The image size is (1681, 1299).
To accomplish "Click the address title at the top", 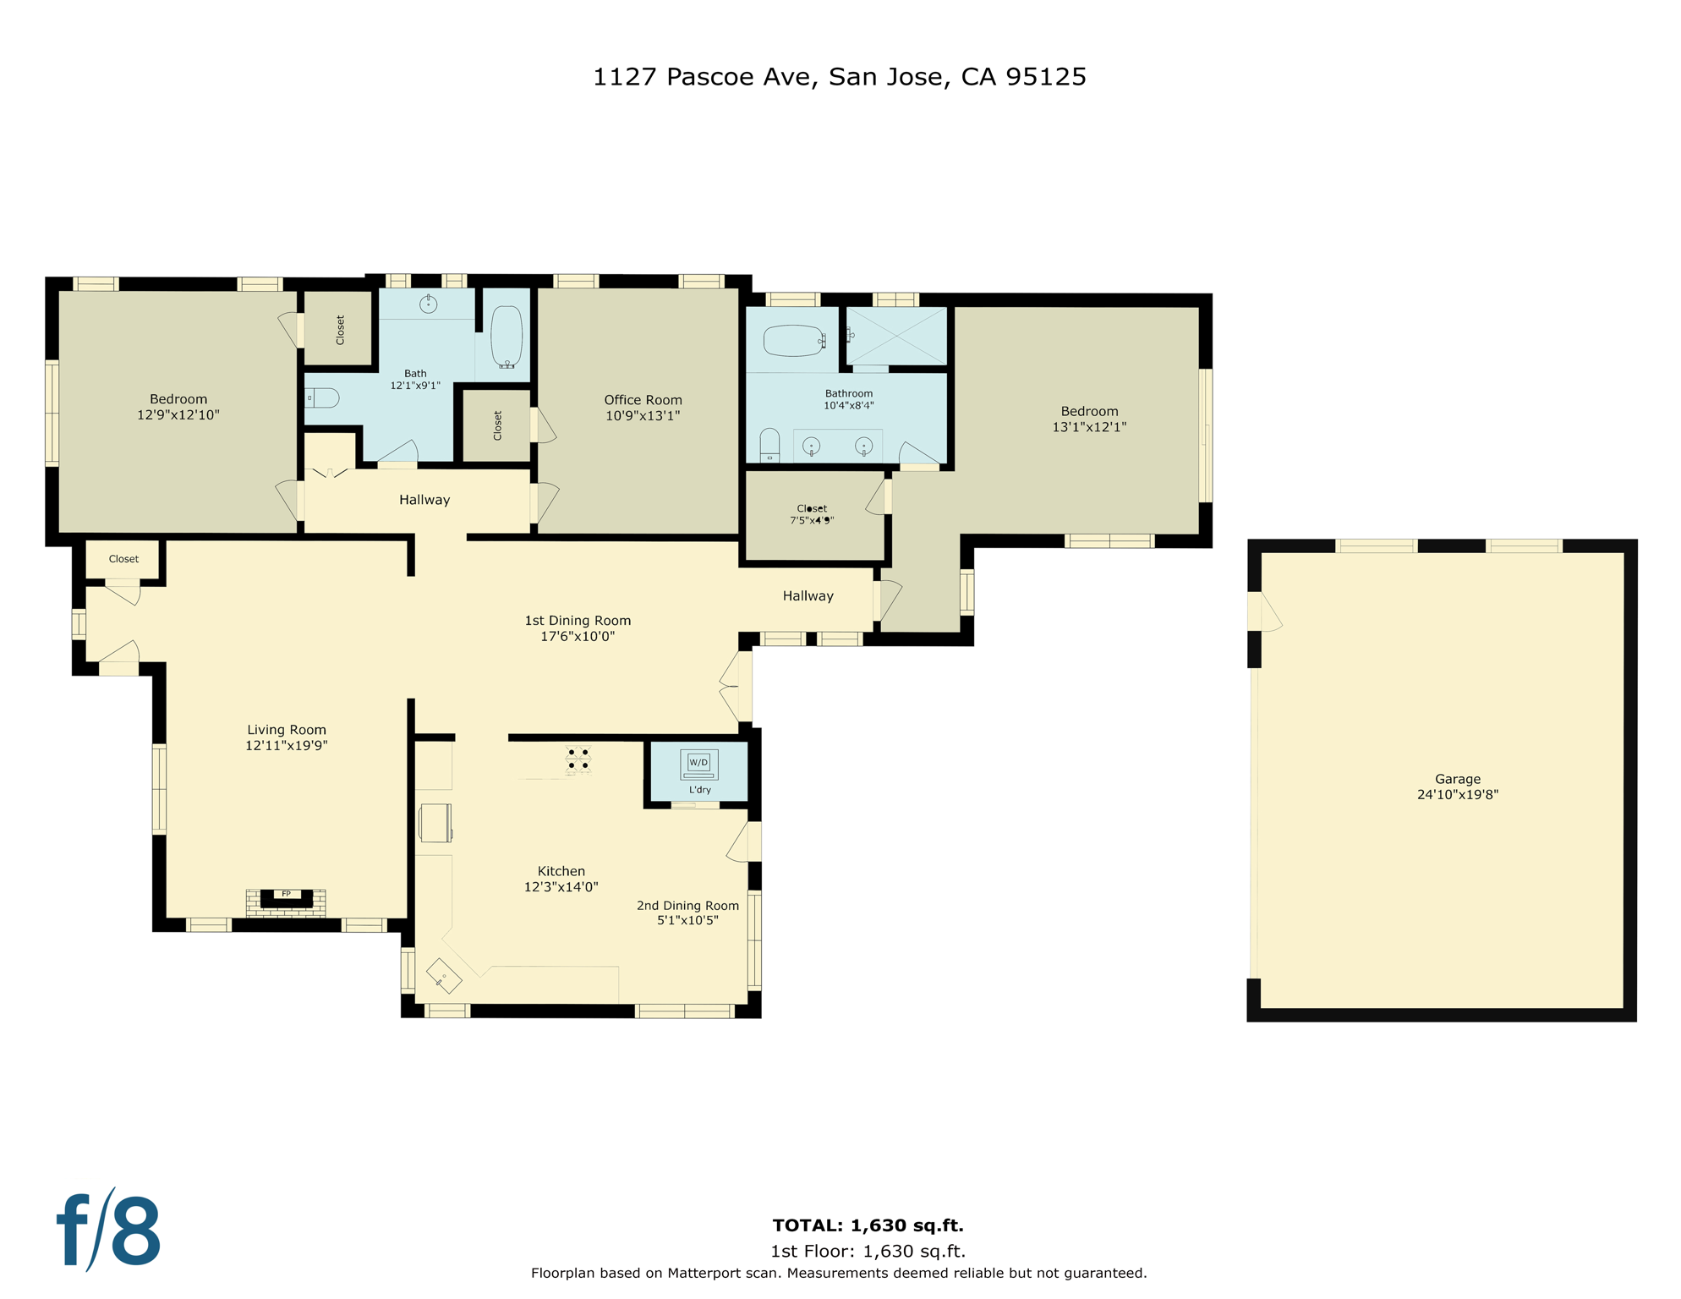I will [839, 77].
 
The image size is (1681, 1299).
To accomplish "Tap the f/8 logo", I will [108, 1230].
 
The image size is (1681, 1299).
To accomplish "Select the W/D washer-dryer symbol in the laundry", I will [698, 764].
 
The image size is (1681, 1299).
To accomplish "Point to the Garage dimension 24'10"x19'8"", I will [1457, 795].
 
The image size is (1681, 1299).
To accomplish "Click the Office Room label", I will [643, 400].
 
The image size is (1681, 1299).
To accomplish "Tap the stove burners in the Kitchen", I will [578, 759].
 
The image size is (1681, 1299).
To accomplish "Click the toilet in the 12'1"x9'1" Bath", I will [322, 397].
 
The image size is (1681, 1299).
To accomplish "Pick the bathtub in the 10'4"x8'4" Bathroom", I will [793, 341].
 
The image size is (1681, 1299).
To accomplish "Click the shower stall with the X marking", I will [897, 336].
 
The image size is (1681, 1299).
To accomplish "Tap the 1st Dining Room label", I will [578, 621].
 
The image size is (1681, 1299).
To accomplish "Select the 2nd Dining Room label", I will [687, 906].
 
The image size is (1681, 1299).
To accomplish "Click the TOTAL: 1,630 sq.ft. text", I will [868, 1225].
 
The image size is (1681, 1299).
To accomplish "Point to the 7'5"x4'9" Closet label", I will [812, 515].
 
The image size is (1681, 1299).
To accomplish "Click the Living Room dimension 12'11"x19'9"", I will [286, 746].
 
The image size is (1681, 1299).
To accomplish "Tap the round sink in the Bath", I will [429, 304].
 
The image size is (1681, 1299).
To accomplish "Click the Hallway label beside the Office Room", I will [424, 500].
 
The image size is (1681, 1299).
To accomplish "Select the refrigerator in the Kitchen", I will [435, 823].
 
